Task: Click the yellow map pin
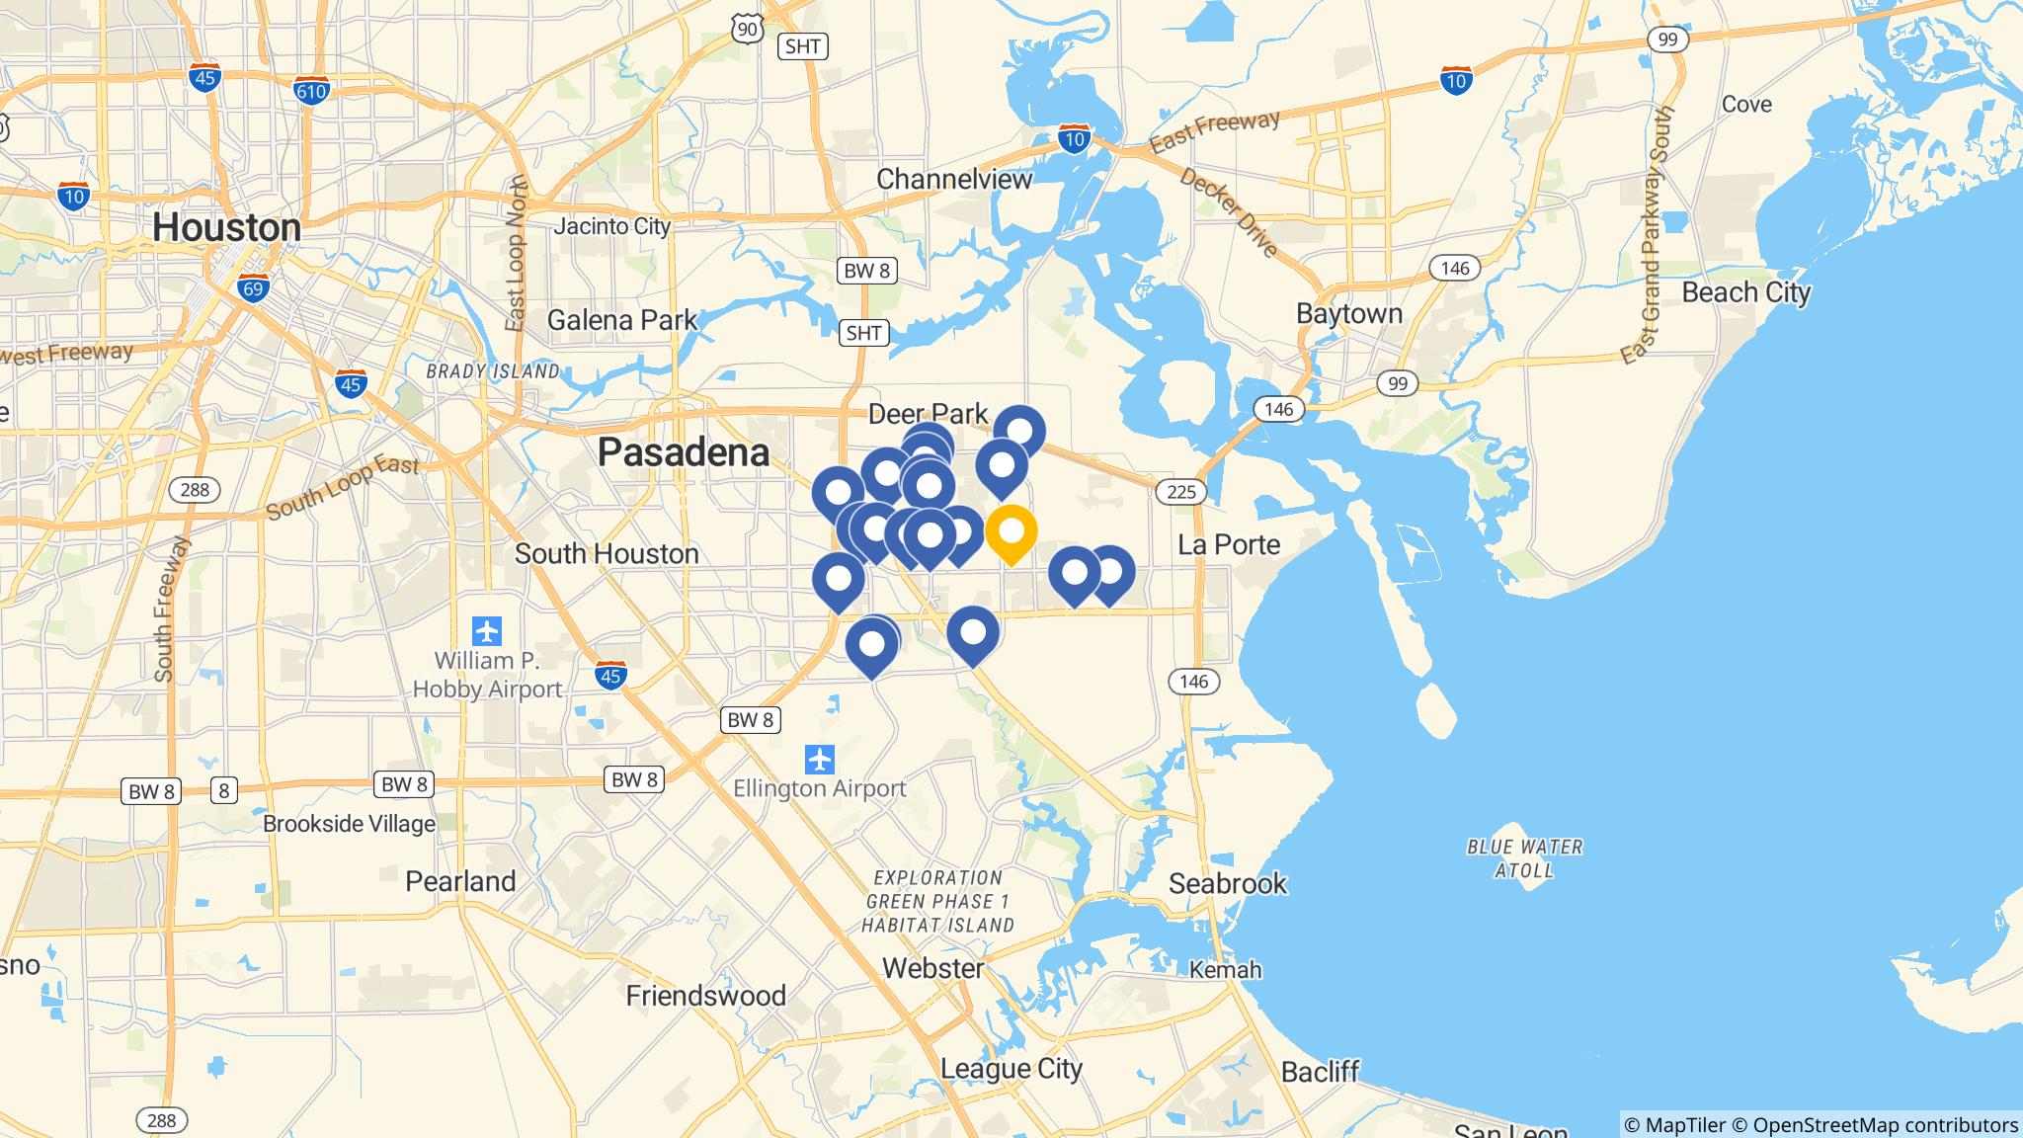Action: tap(1011, 532)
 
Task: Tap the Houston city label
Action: tap(226, 227)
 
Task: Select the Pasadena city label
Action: tap(684, 452)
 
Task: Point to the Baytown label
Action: tap(1349, 314)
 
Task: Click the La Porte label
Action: tap(1229, 544)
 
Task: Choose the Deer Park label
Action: tap(928, 414)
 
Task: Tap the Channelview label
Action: tap(954, 179)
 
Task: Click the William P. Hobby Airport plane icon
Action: tap(487, 630)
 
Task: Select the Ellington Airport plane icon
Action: tap(819, 760)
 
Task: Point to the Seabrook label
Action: tap(1228, 883)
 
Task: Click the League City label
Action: tap(1011, 1068)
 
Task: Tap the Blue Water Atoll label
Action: tap(1525, 858)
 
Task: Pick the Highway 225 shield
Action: tap(1180, 491)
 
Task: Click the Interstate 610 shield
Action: tap(311, 90)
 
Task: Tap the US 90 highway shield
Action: tap(748, 28)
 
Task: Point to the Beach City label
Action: tap(1746, 292)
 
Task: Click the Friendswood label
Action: tap(705, 996)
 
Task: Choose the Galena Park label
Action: tap(622, 320)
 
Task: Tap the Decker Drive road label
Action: tap(1229, 213)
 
